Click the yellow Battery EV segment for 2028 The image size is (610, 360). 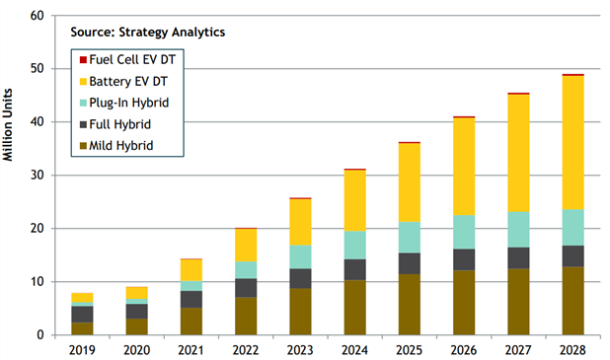(573, 143)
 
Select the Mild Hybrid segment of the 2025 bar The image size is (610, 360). (410, 305)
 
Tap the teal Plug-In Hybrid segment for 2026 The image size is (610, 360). (464, 232)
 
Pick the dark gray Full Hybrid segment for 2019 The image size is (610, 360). (82, 315)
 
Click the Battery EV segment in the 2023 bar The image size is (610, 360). (300, 222)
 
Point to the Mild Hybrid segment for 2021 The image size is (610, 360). (191, 322)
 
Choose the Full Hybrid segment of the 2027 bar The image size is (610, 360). (518, 258)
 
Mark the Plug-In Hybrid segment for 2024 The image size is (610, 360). (354, 246)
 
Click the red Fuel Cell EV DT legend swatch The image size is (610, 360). (83, 60)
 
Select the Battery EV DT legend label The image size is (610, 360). (128, 81)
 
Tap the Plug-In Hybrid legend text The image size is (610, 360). (129, 103)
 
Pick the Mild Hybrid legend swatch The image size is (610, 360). (83, 146)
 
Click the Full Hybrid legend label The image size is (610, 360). (120, 124)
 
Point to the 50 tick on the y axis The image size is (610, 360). (37, 69)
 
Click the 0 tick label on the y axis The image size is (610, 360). (40, 335)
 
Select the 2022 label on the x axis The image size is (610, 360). (246, 350)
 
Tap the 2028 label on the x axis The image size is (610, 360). (572, 350)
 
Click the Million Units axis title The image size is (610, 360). (8, 125)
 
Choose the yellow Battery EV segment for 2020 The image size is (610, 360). (137, 293)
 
